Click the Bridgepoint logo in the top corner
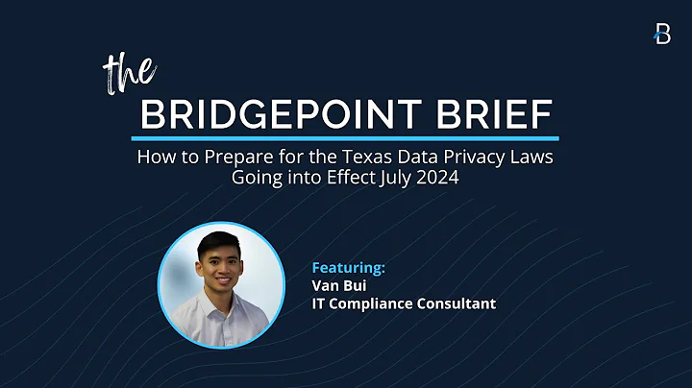coord(662,34)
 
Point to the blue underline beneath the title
coord(346,138)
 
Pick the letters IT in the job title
coord(319,303)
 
